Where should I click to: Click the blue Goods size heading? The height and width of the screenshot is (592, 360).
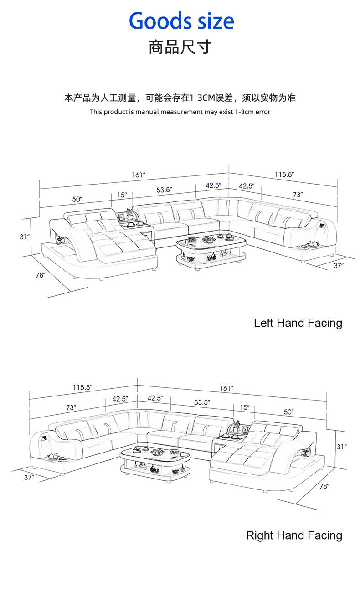181,21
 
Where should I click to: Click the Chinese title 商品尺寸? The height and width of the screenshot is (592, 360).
180,47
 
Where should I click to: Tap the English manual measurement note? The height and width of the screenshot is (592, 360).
180,112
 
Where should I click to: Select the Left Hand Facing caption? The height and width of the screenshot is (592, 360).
298,323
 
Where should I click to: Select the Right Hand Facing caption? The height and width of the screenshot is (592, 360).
294,535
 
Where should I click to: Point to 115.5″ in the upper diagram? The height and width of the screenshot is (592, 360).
284,174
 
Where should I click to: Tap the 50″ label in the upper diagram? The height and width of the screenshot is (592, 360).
77,199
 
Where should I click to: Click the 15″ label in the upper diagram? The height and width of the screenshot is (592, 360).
122,195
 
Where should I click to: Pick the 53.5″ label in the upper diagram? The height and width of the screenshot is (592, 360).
164,190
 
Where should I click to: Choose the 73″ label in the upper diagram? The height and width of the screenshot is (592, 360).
298,194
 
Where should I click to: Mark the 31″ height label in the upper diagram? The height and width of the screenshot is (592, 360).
25,237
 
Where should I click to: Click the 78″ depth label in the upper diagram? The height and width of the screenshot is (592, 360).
41,275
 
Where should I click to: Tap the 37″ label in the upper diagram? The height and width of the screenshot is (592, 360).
338,265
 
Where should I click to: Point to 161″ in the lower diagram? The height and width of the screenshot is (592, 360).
226,388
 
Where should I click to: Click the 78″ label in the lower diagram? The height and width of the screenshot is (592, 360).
324,486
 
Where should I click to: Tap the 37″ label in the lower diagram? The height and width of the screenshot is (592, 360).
29,477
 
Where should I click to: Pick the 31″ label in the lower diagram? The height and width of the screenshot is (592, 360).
342,447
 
